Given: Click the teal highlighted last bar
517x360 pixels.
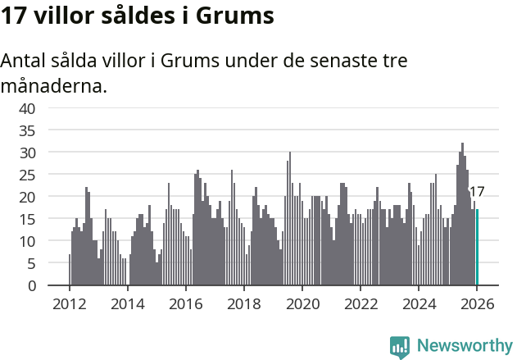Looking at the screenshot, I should [x=477, y=248].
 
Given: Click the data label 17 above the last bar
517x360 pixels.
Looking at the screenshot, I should [x=476, y=192].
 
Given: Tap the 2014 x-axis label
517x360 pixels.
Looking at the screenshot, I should [x=127, y=303].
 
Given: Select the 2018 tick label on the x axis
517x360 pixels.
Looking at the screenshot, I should [x=243, y=303].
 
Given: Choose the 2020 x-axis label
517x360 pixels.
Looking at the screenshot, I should [x=302, y=303].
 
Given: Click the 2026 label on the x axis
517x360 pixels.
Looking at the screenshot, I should [x=477, y=303].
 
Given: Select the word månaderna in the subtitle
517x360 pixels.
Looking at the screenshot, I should [x=54, y=85].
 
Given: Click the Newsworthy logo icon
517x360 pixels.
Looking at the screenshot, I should [x=400, y=347].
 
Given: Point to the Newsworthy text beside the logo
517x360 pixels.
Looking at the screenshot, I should [x=465, y=346].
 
